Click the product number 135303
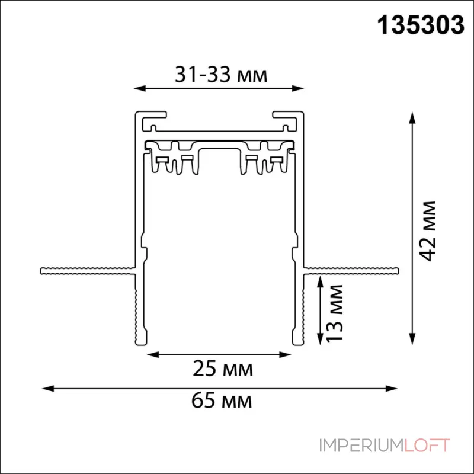click(421, 25)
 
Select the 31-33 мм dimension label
click(221, 75)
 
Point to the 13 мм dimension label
click(335, 313)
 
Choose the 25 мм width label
click(223, 369)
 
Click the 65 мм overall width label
click(222, 401)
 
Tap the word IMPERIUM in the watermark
click(361, 446)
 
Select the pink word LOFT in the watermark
click(427, 446)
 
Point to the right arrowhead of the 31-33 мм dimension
click(298, 88)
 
